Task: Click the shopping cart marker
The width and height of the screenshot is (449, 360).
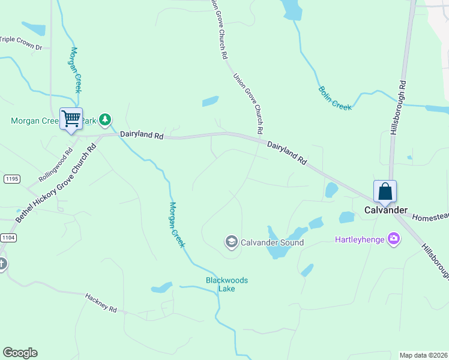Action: [71, 118]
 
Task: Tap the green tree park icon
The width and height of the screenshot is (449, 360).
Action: [105, 119]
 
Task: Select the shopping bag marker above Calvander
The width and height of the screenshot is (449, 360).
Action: [385, 191]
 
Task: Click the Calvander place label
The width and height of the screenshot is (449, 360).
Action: [386, 211]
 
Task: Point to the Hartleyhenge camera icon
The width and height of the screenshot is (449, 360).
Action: [394, 239]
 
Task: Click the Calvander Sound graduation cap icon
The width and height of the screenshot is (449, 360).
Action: [231, 242]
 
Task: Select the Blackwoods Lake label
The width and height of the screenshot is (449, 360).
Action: [226, 284]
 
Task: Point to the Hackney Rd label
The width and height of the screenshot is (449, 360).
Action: [100, 302]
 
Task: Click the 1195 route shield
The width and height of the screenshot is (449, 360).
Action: [11, 179]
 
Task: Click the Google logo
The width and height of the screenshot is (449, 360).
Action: [20, 353]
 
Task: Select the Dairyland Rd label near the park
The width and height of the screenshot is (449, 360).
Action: [142, 136]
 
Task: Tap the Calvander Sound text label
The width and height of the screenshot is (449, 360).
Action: [272, 242]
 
